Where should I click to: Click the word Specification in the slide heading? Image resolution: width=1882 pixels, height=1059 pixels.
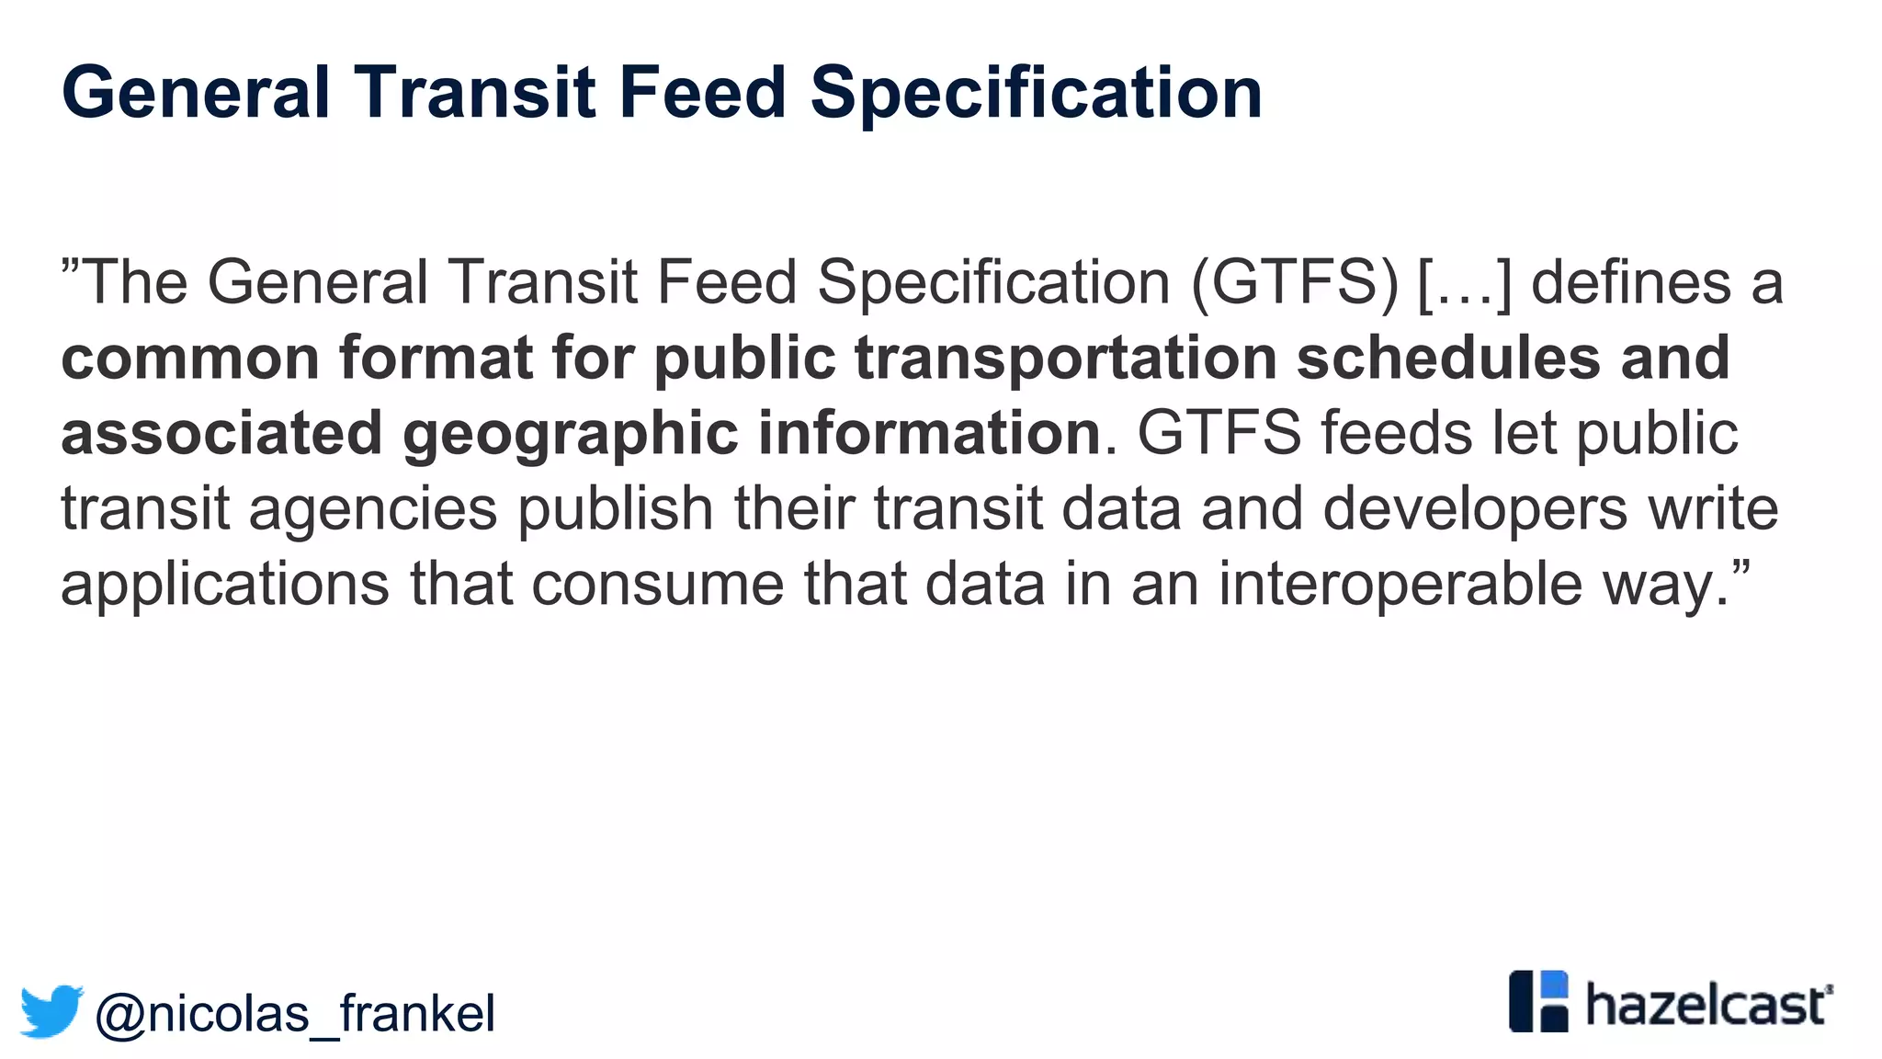1036,93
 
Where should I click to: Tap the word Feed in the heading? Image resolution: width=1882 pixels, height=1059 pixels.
702,93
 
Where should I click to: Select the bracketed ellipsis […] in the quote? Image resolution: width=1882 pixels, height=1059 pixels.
1465,283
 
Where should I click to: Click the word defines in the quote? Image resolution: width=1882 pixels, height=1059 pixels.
1631,283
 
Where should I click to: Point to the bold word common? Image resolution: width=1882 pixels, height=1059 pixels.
190,359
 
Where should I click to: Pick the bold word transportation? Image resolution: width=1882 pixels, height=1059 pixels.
1066,359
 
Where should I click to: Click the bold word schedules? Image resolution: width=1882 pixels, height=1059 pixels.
1448,359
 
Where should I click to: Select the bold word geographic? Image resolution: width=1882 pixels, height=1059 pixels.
570,434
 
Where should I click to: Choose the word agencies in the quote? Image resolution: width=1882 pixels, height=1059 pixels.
373,510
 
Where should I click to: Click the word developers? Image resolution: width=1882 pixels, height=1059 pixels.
1475,510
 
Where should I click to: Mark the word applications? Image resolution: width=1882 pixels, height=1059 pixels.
225,586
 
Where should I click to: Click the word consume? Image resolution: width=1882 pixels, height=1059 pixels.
657,586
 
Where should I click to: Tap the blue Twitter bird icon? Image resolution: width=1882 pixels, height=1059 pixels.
52,1011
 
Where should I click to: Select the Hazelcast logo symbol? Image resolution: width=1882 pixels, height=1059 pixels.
1538,1001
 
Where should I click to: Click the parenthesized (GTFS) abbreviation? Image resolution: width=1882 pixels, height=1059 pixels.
1295,283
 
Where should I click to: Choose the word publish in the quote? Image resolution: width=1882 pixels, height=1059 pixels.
616,510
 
